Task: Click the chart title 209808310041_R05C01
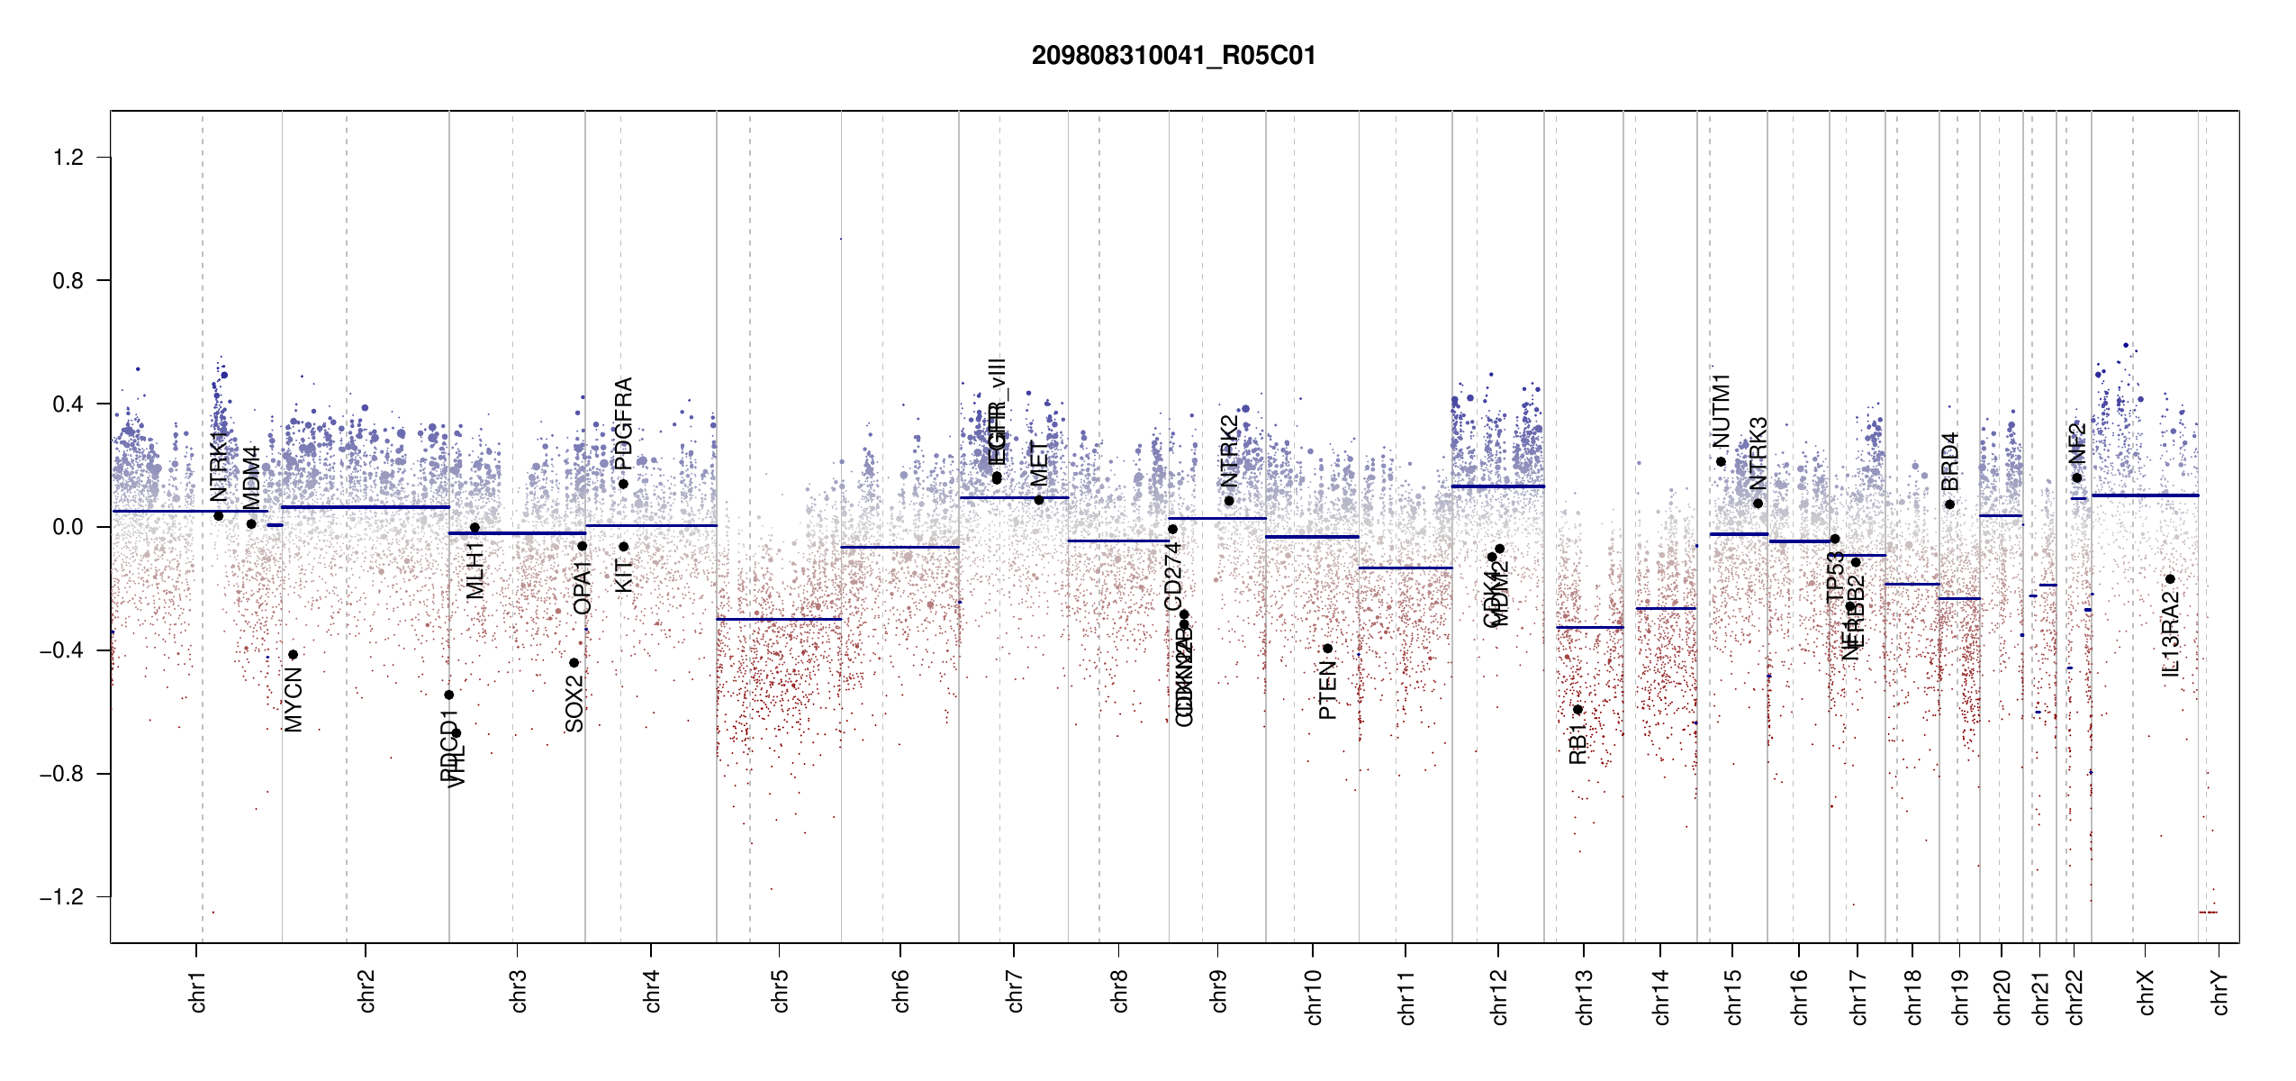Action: [x=1173, y=56]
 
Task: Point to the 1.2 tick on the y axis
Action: [x=68, y=158]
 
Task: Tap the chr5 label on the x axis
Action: [x=780, y=991]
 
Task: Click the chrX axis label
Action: [x=2146, y=992]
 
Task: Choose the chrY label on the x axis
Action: [x=2219, y=992]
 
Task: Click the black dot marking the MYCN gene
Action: [x=293, y=655]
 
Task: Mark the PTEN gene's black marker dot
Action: [x=1327, y=649]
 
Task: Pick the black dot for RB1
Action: [x=1577, y=710]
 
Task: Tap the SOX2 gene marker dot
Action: [x=574, y=663]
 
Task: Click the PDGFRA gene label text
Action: [x=623, y=423]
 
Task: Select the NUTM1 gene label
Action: [x=1721, y=411]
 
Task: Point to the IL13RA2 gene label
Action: [x=2171, y=634]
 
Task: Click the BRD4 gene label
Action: [x=1949, y=461]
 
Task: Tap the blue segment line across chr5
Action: [x=779, y=619]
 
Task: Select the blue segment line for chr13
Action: [x=1589, y=627]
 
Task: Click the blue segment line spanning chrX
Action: [x=2144, y=495]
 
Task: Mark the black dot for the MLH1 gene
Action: [x=475, y=528]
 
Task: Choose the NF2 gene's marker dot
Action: [x=2077, y=478]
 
